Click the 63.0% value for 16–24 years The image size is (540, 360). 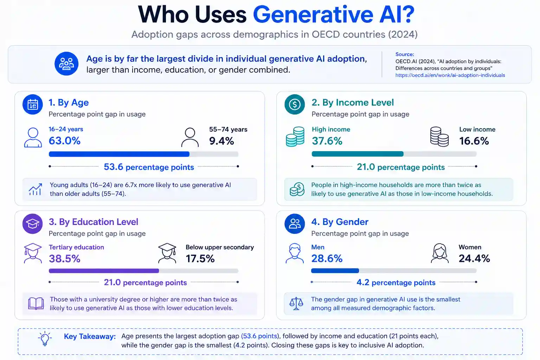click(64, 141)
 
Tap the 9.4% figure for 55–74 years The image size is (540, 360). click(221, 141)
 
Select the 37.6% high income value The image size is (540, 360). click(327, 141)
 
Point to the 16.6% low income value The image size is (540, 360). click(474, 141)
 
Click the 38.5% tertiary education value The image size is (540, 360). click(64, 258)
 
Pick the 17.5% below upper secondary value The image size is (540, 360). click(200, 258)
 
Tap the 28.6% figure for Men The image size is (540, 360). click(327, 258)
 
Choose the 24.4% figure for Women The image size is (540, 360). click(474, 258)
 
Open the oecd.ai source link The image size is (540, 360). click(450, 75)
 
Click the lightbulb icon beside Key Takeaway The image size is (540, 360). click(45, 339)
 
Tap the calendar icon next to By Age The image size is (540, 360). click(33, 104)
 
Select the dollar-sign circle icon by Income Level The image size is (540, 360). click(295, 104)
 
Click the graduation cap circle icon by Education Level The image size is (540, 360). click(33, 224)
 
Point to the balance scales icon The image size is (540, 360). click(296, 303)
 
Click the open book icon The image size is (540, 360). click(36, 303)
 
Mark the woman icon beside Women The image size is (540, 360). click(440, 253)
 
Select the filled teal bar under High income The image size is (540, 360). click(358, 154)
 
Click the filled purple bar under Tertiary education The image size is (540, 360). click(104, 271)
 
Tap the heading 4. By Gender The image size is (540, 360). click(340, 222)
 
